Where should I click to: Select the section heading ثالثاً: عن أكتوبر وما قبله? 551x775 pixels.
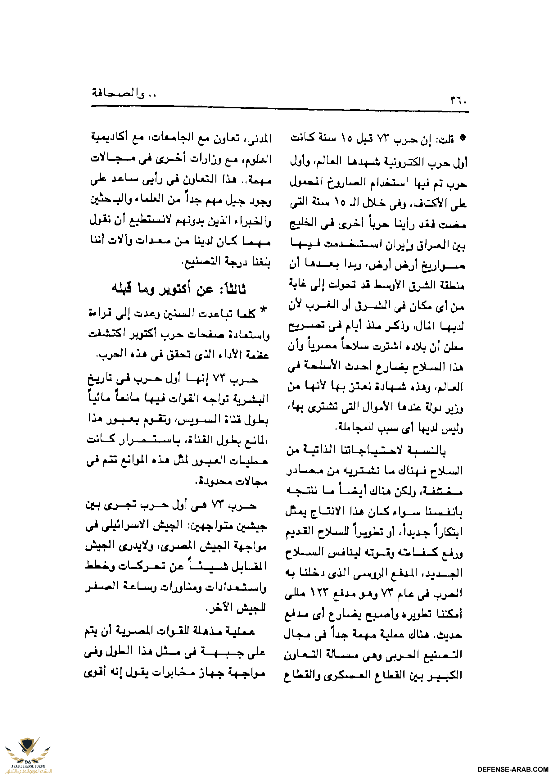coord(179,289)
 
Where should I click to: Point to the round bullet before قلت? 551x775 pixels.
coord(462,138)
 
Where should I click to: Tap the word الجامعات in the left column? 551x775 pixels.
coord(179,138)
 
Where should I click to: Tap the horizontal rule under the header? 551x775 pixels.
coord(280,109)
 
